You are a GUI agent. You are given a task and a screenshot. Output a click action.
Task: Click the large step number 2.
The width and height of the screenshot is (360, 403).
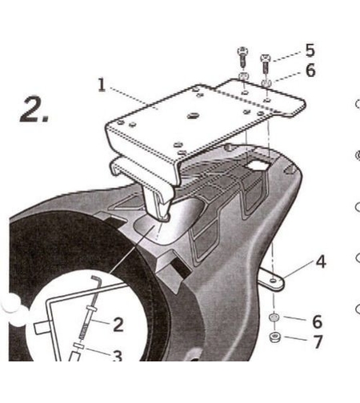coord(34,110)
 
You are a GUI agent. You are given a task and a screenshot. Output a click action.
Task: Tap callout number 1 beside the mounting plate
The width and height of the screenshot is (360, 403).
coord(102,85)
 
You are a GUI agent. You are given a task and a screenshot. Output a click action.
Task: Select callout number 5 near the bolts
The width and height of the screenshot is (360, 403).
coord(310,50)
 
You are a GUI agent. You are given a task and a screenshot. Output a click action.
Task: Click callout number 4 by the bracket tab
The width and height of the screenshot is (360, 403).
coord(321,261)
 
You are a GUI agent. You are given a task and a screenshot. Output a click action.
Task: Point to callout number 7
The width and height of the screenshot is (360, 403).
coord(318,341)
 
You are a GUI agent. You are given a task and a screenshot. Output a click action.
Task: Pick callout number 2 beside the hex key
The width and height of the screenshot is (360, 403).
coord(118,325)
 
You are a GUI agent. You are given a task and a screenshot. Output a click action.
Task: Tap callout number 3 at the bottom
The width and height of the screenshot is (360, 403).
coord(117,356)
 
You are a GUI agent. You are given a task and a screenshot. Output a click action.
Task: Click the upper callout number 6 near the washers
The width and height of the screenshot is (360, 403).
coord(310,70)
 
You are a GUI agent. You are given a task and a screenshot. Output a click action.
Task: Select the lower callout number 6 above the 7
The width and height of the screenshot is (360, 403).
coord(317,321)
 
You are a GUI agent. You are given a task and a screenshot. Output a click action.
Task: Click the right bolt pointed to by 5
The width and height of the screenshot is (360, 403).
coord(265,64)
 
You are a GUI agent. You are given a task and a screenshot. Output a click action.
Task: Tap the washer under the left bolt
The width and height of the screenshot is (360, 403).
coord(243,76)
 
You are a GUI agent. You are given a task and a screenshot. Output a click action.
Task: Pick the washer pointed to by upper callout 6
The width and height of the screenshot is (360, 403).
coord(266,82)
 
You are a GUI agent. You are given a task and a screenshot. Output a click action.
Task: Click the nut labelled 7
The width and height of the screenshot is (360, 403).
coord(274,337)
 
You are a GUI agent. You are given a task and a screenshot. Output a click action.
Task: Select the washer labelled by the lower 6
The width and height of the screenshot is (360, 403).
coord(274,317)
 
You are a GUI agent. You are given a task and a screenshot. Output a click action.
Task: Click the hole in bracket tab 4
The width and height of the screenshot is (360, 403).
coord(273,281)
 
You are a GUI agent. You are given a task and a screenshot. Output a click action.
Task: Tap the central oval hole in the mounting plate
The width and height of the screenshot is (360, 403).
coord(194,116)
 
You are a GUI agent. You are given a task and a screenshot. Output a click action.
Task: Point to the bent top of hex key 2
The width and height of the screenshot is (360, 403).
coord(95,278)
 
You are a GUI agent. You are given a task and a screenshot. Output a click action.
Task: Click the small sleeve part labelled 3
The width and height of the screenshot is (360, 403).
coord(79,346)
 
